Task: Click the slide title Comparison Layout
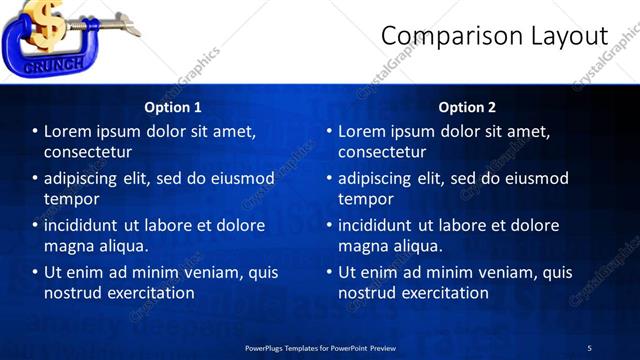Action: coord(494,36)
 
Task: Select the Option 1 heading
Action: coord(173,107)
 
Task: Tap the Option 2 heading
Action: coord(467,107)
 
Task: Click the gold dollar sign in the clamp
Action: coord(44,25)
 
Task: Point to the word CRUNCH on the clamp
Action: coord(40,65)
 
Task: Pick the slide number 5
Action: coord(589,348)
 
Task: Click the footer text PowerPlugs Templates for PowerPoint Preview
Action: coord(320,348)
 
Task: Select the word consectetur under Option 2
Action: coord(382,152)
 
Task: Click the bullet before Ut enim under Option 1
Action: coord(35,272)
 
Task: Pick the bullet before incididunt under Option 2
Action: coord(329,225)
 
